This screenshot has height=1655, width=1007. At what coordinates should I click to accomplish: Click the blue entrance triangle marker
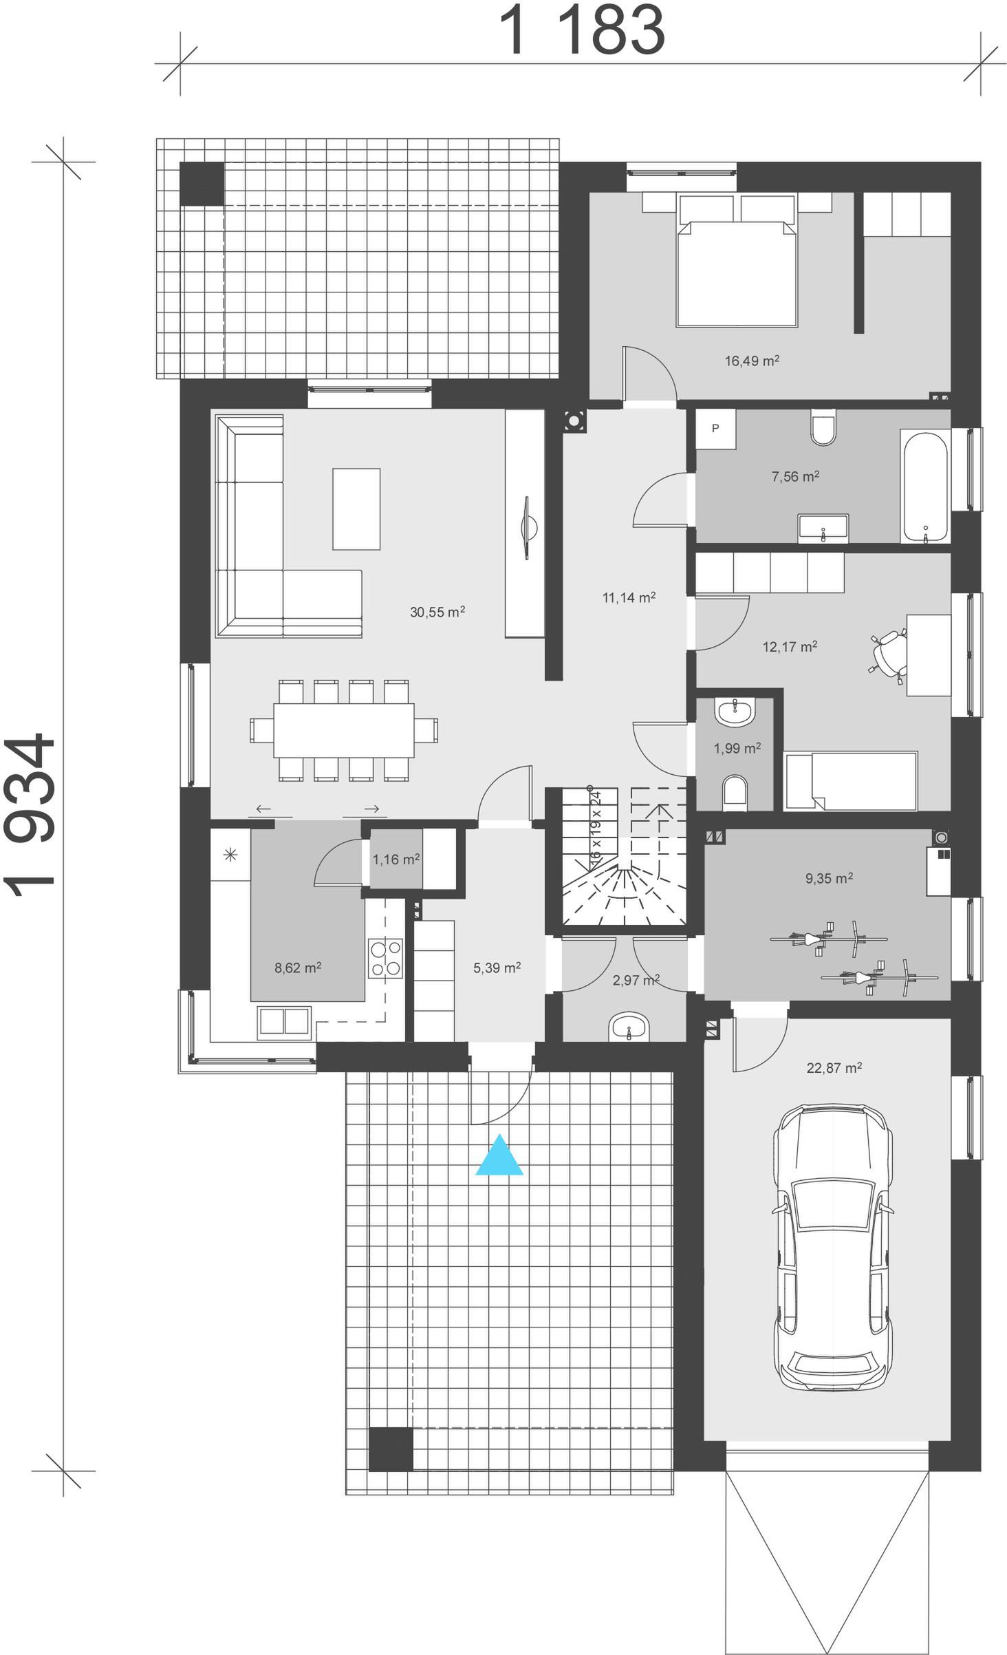click(499, 1155)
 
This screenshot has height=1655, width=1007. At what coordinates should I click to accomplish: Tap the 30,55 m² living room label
click(437, 612)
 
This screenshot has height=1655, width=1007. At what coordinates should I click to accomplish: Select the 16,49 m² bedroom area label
click(752, 361)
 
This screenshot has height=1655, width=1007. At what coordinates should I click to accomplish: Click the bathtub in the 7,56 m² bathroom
click(926, 487)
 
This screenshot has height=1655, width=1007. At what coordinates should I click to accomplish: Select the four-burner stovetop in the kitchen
click(386, 958)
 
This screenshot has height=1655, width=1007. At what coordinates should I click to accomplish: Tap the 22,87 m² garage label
click(834, 1068)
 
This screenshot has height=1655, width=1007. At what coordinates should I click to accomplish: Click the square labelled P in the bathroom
click(715, 429)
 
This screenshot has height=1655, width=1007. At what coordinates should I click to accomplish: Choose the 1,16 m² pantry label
click(396, 859)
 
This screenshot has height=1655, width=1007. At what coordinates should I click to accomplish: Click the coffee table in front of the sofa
click(356, 509)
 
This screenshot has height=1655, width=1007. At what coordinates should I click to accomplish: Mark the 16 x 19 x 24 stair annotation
click(596, 823)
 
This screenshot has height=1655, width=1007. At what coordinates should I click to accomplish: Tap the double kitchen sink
click(284, 1022)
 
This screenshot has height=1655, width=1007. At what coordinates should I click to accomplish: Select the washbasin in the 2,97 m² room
click(629, 1027)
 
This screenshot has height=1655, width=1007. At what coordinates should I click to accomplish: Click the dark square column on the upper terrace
click(202, 184)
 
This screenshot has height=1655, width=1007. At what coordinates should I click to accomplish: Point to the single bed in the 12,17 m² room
click(851, 781)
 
